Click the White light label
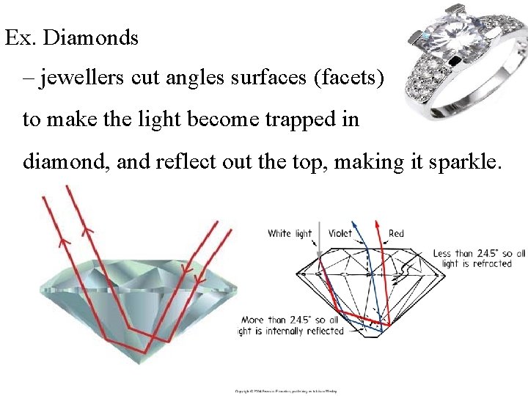point(290,234)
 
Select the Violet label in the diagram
point(340,234)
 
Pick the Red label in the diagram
point(396,234)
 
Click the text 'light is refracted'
point(477,264)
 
